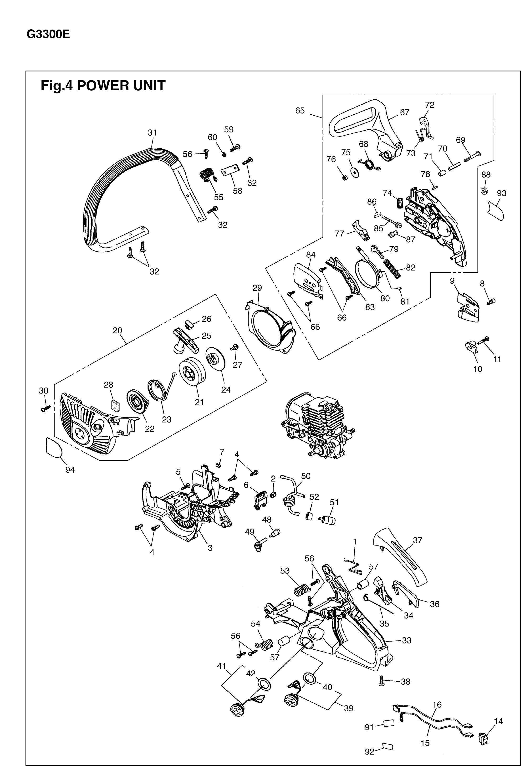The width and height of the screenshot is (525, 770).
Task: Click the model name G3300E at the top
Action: [48, 35]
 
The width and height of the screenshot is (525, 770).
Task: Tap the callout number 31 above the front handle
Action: [152, 133]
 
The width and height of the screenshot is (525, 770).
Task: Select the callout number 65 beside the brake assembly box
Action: [300, 110]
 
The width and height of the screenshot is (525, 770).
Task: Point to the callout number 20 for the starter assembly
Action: [117, 330]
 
